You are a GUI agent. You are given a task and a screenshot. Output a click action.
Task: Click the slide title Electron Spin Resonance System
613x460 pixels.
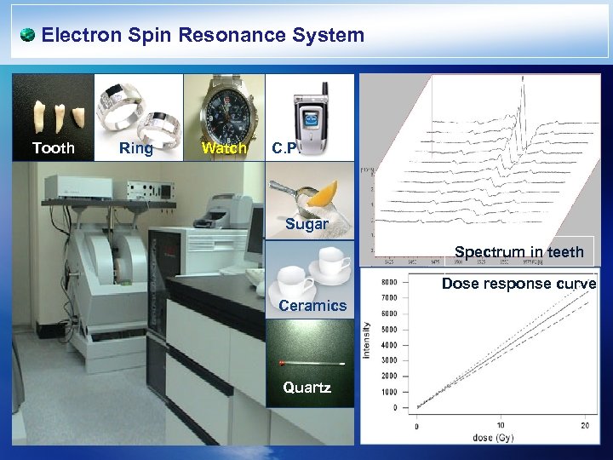203,36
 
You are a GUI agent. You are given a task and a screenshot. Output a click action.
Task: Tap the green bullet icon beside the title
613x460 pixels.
27,35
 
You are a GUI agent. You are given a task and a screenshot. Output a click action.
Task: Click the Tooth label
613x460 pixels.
53,148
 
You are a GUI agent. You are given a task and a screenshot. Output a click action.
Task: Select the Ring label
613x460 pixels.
136,148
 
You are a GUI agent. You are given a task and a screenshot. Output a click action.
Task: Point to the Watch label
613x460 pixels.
223,149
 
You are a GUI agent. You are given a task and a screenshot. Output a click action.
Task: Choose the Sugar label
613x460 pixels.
306,224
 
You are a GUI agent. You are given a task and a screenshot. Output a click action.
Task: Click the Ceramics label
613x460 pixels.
312,305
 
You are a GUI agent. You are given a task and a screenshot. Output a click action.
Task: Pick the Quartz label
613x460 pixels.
306,388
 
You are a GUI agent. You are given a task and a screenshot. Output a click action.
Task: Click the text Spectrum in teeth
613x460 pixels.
518,251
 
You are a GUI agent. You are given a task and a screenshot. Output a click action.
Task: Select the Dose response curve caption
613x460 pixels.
518,284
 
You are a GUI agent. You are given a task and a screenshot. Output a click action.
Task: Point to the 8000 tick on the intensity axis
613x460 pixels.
387,283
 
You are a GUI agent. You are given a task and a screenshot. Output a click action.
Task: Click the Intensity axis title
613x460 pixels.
367,339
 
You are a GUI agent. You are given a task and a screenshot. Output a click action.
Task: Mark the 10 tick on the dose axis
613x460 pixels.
499,425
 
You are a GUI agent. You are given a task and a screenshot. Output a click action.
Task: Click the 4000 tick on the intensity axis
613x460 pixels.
387,345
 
